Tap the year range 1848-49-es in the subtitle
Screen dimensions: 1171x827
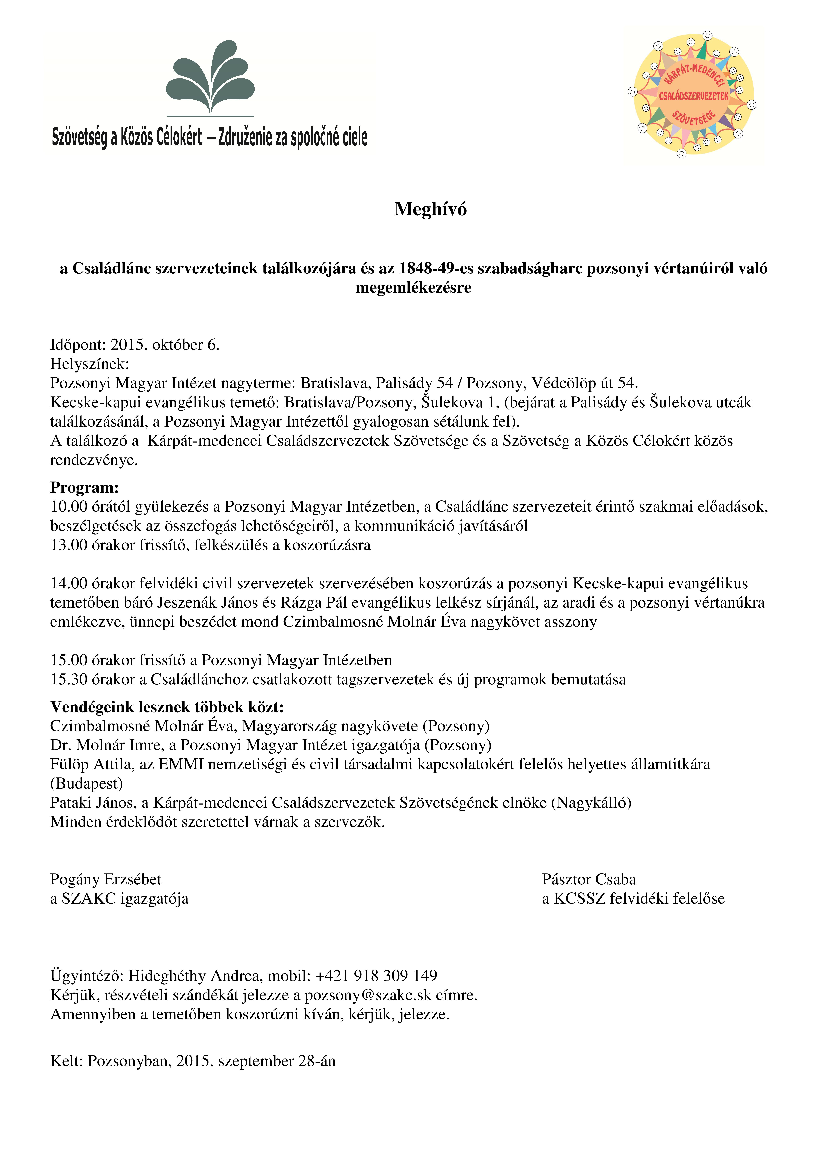436,268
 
